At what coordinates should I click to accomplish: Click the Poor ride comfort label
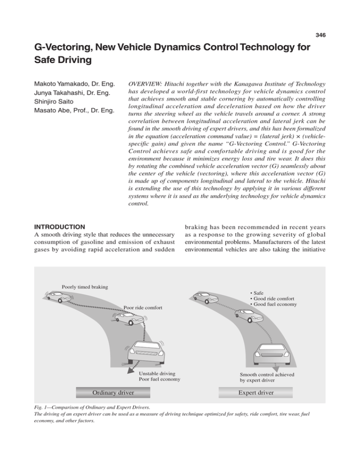click(145, 308)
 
